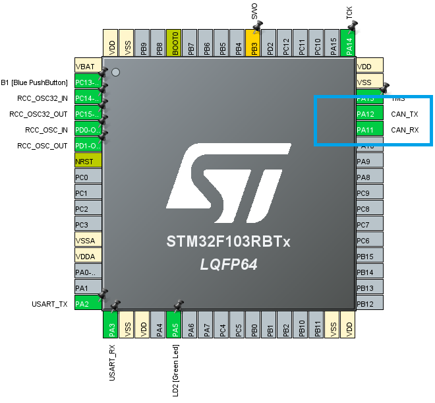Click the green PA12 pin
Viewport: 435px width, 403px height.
coord(368,114)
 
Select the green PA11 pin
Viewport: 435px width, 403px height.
coord(368,130)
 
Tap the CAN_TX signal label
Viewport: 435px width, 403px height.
coord(405,114)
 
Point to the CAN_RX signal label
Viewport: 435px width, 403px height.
coord(405,130)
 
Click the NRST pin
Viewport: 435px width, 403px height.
coord(88,162)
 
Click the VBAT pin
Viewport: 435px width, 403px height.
coord(88,67)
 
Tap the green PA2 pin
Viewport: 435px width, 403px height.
coord(88,304)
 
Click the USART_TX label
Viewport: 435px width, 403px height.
coord(50,304)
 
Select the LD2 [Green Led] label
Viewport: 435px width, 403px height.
coord(175,370)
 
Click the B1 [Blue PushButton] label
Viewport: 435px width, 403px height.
coord(34,82)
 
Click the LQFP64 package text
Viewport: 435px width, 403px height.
coord(229,264)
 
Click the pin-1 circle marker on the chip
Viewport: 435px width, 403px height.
coord(115,71)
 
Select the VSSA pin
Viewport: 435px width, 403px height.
coord(88,241)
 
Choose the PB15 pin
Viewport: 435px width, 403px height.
coord(368,257)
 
